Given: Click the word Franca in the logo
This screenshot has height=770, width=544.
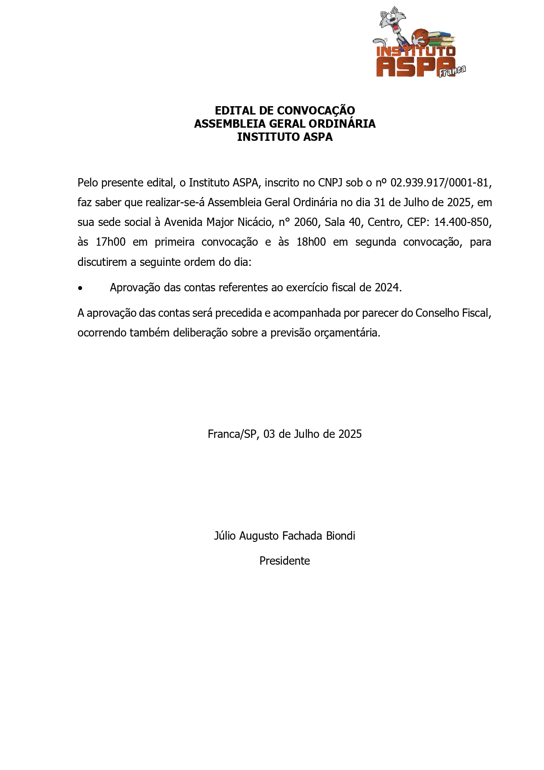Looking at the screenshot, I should click(452, 71).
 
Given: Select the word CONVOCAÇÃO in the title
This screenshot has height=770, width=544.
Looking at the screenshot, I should click(316, 111).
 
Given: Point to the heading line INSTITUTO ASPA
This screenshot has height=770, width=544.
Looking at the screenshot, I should click(284, 137).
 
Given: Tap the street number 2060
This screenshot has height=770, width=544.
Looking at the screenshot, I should click(306, 222).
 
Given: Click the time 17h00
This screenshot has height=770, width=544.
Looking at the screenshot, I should click(110, 242).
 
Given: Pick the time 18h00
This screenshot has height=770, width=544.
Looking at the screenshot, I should click(311, 242).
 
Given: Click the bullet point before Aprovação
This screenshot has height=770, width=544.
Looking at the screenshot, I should click(80, 288).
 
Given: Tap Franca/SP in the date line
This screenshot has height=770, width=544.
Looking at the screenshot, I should click(232, 434).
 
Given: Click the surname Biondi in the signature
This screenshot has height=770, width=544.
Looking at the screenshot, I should click(341, 536).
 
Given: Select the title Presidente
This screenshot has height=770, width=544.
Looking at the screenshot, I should click(284, 561).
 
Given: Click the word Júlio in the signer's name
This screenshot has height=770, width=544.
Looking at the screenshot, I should click(224, 536).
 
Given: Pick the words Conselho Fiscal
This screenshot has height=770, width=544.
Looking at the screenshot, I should click(452, 313).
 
